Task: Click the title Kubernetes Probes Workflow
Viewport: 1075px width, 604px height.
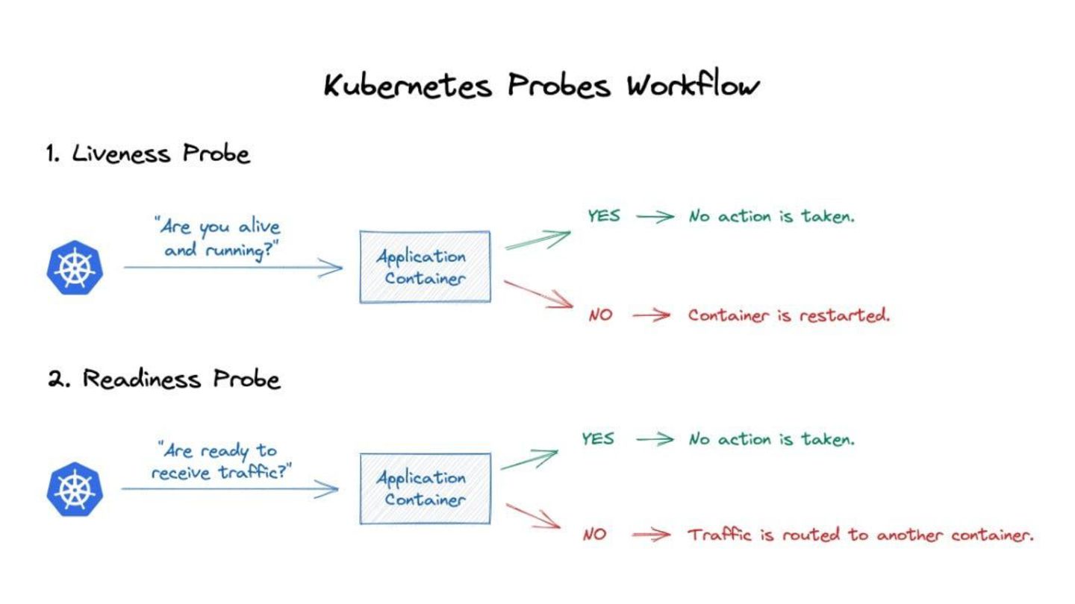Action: point(542,86)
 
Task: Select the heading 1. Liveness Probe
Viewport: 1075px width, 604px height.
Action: point(148,154)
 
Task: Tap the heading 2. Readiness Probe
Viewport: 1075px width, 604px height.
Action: point(164,379)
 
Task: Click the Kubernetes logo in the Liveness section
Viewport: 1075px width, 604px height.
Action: point(75,268)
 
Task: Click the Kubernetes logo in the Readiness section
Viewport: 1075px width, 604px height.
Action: point(75,489)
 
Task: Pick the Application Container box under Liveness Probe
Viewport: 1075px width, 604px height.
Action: point(425,267)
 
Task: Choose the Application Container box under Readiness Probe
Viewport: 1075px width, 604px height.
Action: point(425,488)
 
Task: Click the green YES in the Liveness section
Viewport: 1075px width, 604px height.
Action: point(604,216)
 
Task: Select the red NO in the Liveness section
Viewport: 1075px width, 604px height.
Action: point(600,315)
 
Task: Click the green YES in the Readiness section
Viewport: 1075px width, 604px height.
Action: point(598,438)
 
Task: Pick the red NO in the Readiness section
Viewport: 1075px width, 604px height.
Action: point(594,535)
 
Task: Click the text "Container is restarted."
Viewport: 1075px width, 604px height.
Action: point(789,315)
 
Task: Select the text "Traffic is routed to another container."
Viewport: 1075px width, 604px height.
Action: point(860,535)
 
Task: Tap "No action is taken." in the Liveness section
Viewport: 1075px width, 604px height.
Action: point(772,216)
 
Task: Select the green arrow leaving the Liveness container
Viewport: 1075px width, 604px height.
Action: point(537,239)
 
